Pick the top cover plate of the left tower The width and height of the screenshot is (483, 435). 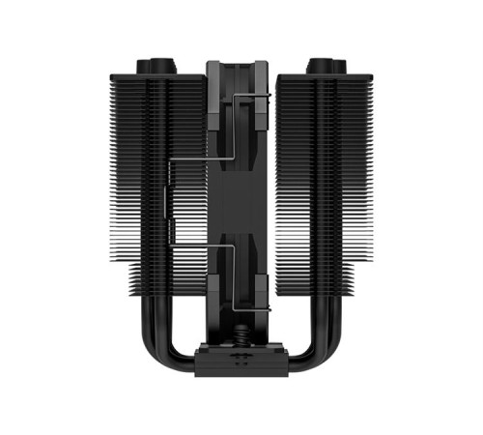[157, 76]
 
